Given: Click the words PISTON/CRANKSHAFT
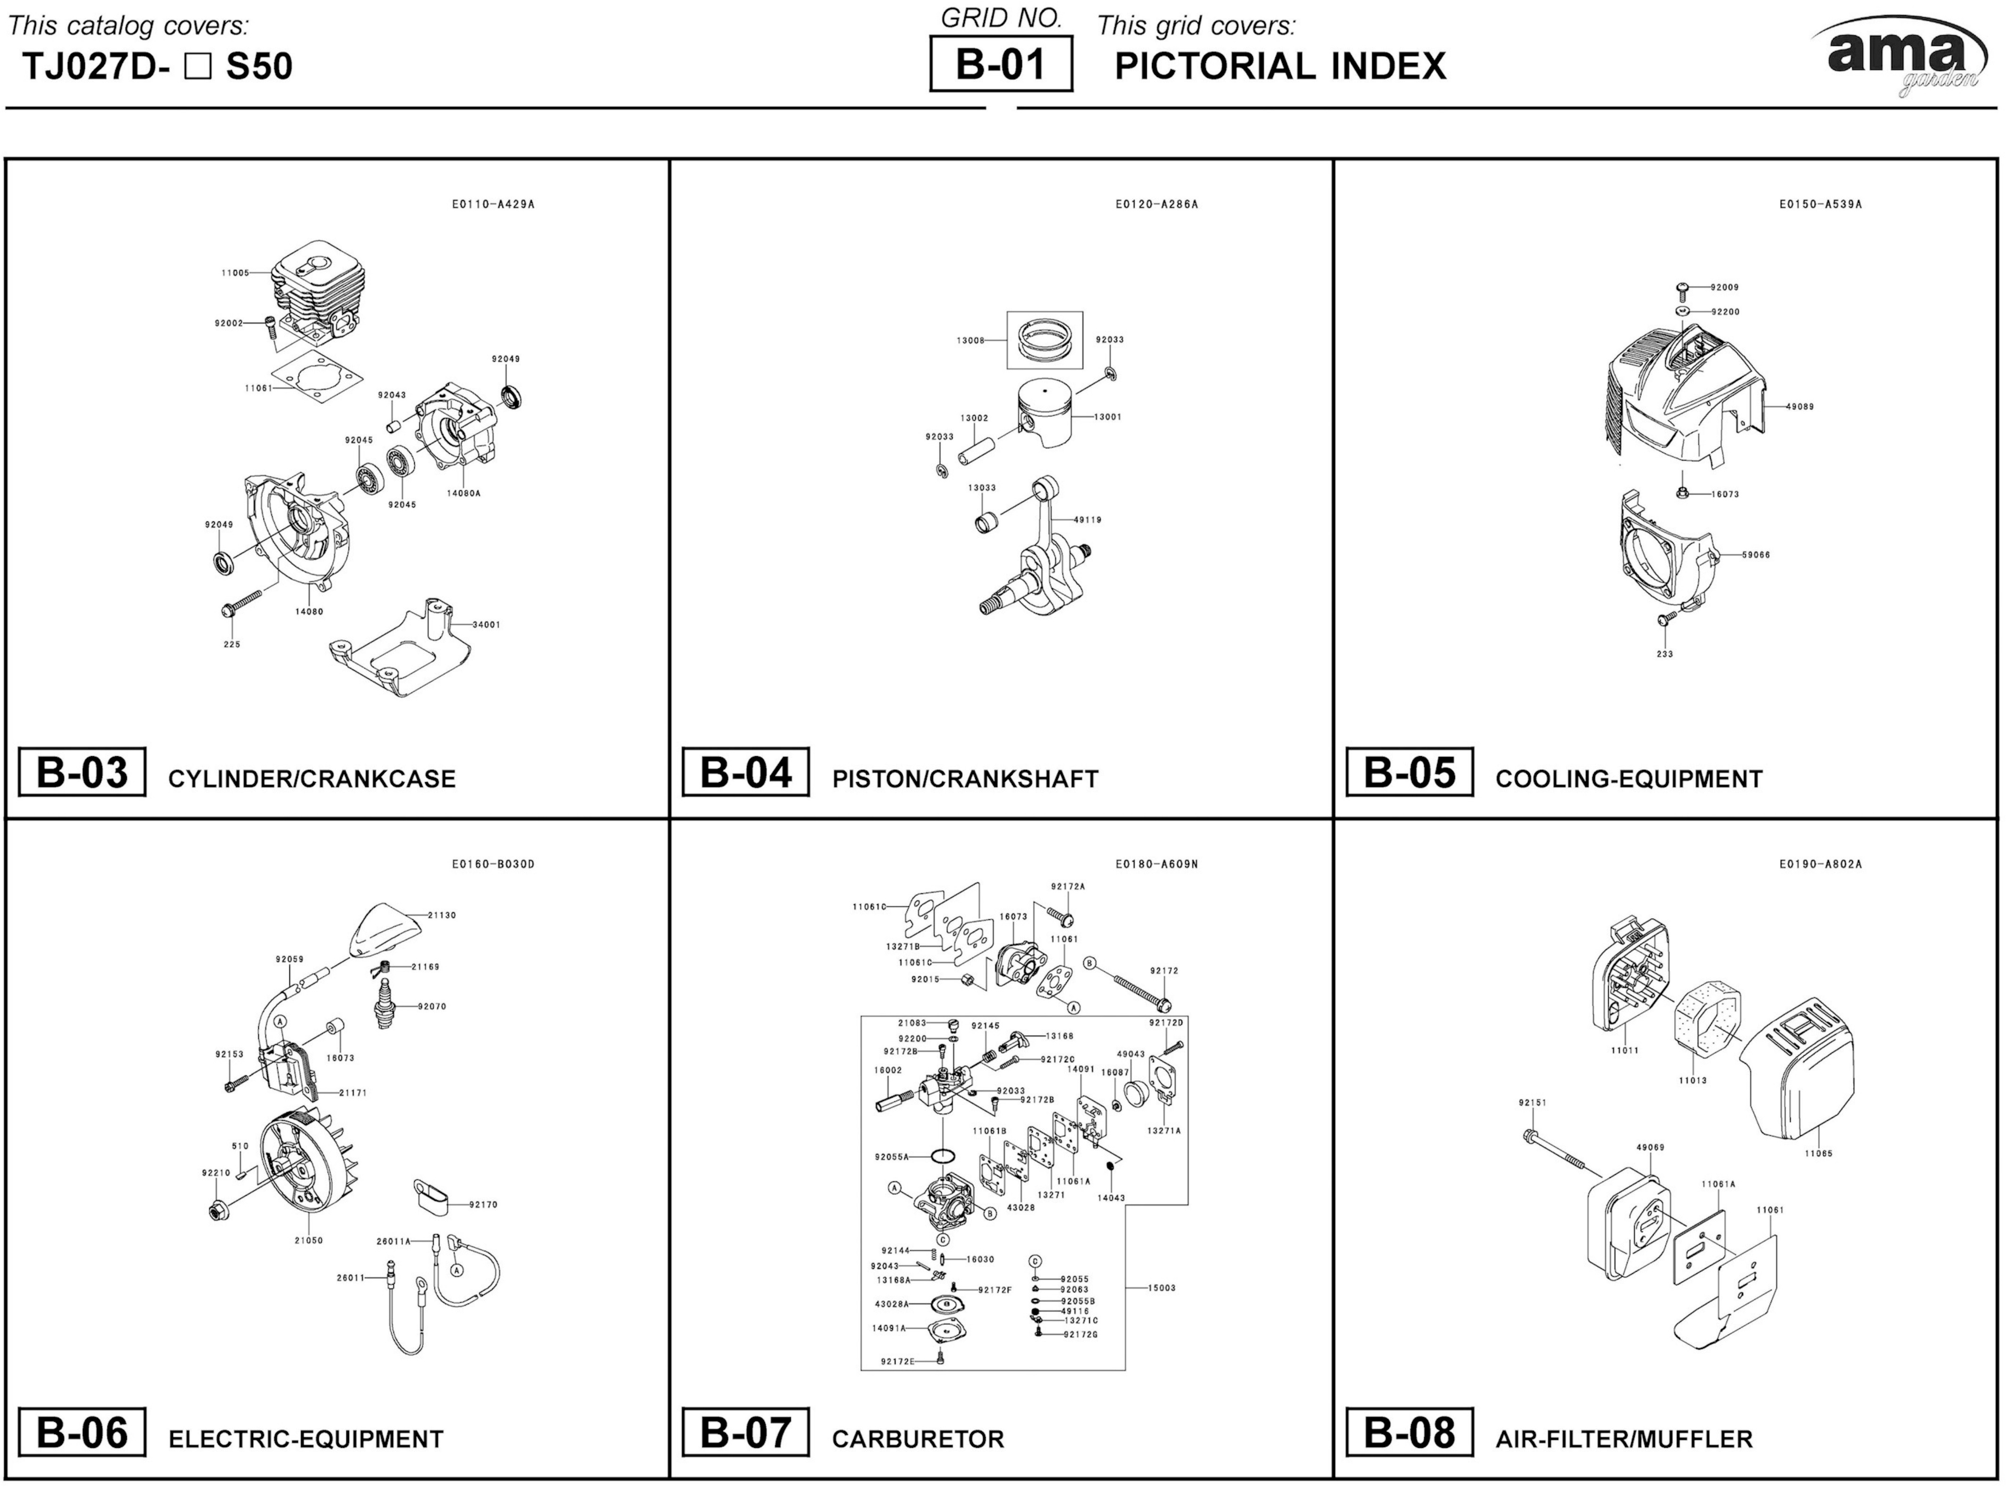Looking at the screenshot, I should click(965, 778).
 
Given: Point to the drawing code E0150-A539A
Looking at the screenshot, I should click(1820, 204).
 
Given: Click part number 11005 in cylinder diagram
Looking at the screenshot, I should click(235, 273).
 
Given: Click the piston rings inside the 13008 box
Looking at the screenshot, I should click(1044, 340).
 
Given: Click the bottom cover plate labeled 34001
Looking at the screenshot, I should click(405, 653).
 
